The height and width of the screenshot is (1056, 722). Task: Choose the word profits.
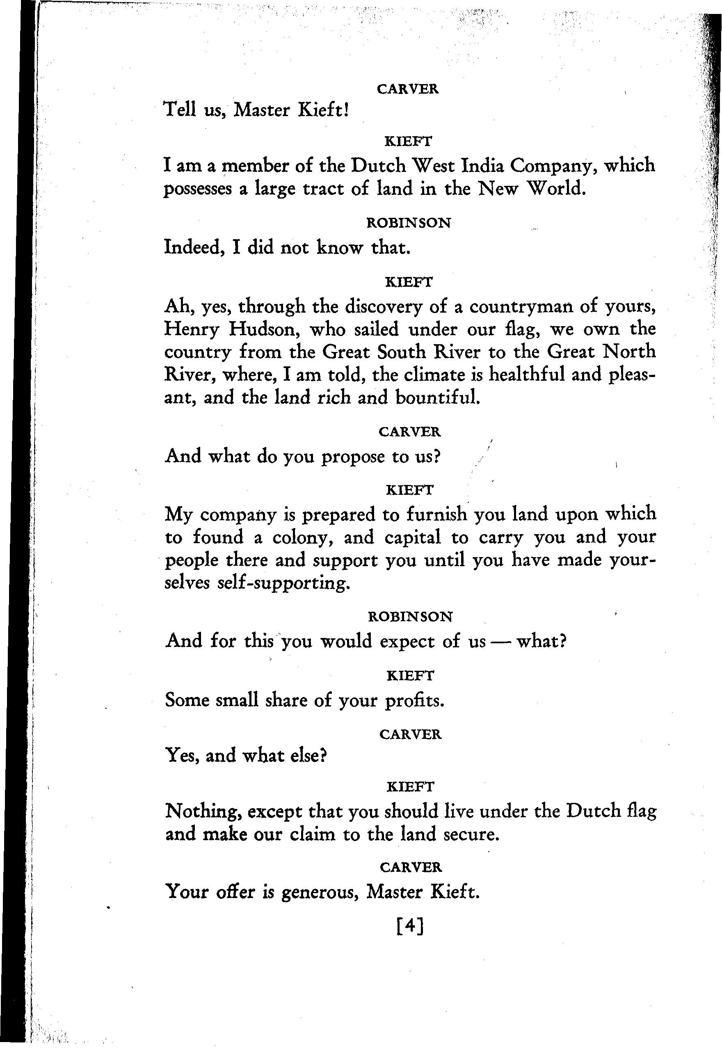414,701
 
